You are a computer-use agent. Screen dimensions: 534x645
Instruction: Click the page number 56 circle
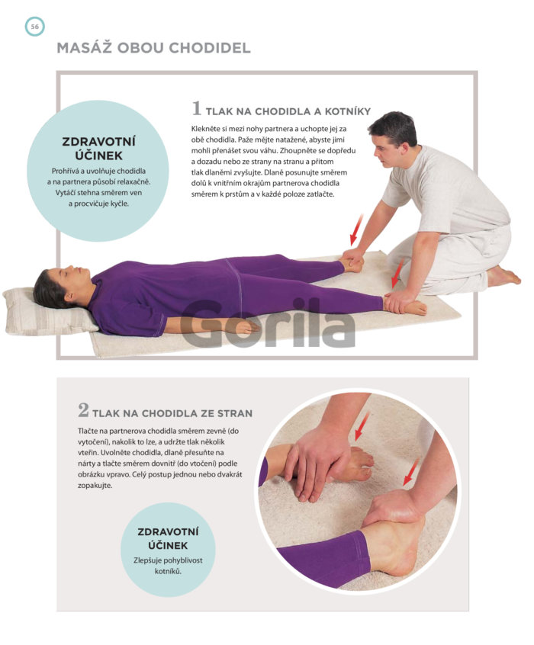pyautogui.click(x=34, y=27)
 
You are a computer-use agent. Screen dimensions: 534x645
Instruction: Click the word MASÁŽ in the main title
pyautogui.click(x=84, y=48)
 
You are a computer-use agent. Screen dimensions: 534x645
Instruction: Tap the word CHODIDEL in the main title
pyautogui.click(x=210, y=48)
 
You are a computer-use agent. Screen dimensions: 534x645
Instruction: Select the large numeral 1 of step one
pyautogui.click(x=197, y=108)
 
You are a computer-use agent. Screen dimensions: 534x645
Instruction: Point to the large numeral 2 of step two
pyautogui.click(x=83, y=410)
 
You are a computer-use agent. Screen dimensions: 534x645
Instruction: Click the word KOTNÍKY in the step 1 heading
pyautogui.click(x=348, y=111)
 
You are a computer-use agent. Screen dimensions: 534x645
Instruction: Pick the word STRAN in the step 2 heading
pyautogui.click(x=235, y=413)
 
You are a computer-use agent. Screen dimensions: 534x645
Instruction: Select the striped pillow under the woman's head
pyautogui.click(x=45, y=310)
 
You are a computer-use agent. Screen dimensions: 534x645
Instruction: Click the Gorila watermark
pyautogui.click(x=268, y=324)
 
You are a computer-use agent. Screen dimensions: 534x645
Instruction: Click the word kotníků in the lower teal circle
pyautogui.click(x=168, y=571)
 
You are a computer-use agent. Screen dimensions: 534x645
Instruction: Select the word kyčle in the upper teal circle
pyautogui.click(x=119, y=204)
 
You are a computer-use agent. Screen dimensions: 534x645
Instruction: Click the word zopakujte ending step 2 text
pyautogui.click(x=95, y=486)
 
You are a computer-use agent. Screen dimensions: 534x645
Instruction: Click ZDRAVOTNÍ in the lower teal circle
pyautogui.click(x=168, y=532)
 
